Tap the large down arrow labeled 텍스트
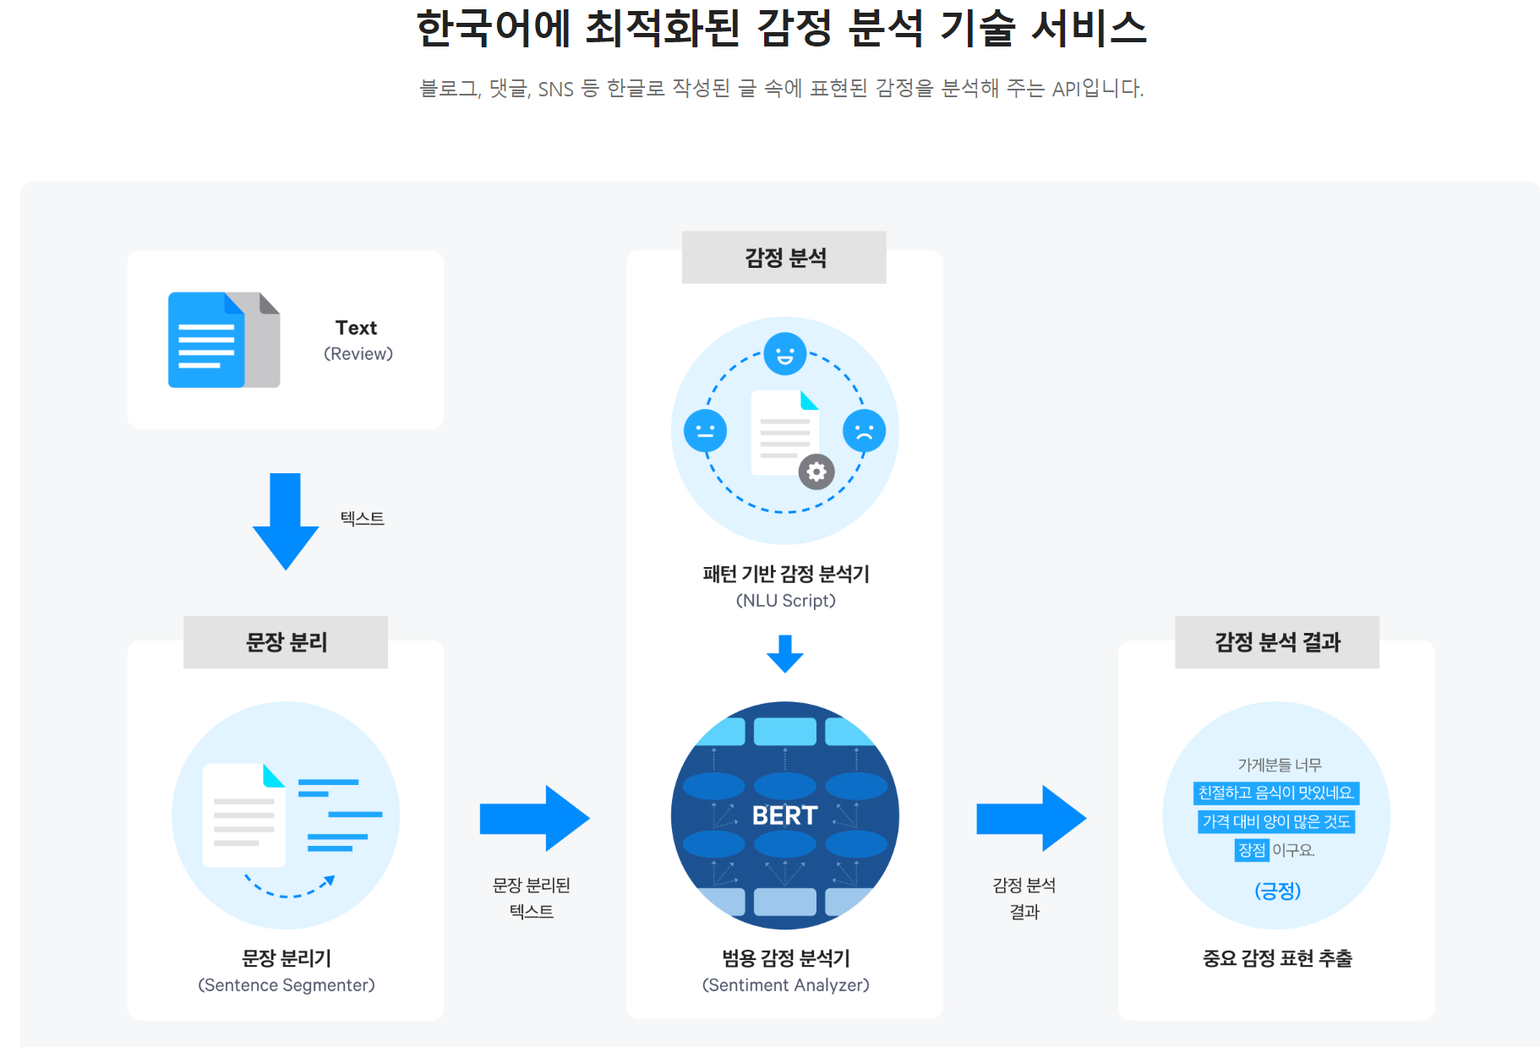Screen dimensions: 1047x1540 tap(286, 520)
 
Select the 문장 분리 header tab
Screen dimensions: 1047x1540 tap(286, 642)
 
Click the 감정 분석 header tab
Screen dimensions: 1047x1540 tap(784, 258)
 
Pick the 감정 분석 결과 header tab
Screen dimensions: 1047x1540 tap(1276, 642)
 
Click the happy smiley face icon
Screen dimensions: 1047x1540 tap(784, 354)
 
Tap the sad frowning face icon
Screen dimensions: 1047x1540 tap(864, 431)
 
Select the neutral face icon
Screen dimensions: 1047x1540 tap(705, 431)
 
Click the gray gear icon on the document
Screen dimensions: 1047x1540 tap(816, 472)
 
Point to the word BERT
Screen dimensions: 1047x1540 tap(784, 815)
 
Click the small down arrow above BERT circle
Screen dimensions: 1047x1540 tap(785, 654)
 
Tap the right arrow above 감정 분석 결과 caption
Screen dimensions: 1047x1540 tap(1030, 818)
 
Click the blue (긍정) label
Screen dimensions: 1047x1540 tap(1277, 891)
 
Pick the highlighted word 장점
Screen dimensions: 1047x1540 tap(1252, 850)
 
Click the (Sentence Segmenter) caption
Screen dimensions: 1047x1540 tap(287, 985)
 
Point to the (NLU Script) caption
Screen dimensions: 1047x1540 tap(785, 601)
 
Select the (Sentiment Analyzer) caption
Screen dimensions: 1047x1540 tap(785, 985)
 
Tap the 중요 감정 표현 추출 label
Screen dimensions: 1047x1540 tap(1277, 958)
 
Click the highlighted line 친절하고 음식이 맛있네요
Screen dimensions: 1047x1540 tap(1276, 793)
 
